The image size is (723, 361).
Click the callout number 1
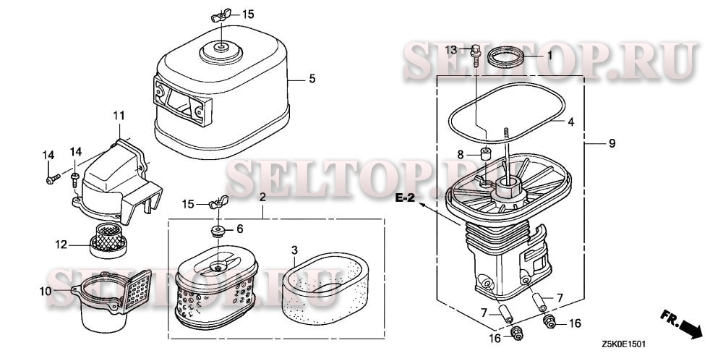[549, 56]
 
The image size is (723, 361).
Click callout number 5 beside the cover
[312, 79]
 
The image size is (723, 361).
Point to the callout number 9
[612, 143]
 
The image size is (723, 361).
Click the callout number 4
[571, 123]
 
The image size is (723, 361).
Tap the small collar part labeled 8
[486, 153]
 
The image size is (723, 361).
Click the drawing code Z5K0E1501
[623, 344]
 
